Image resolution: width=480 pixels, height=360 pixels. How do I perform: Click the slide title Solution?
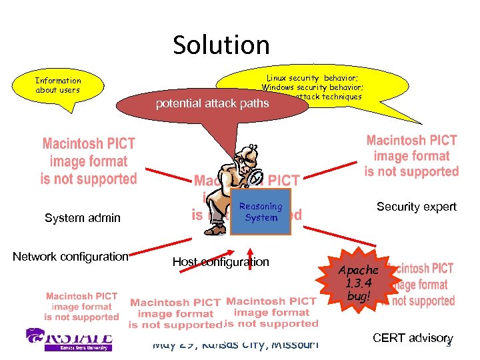pos(221,45)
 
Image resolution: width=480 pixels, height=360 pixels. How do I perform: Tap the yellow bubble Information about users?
pos(58,85)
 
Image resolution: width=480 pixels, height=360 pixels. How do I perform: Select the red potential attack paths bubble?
pos(212,103)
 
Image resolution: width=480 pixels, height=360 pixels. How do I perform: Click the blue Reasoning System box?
pos(261,212)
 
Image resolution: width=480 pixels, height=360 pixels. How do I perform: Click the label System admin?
pos(83,217)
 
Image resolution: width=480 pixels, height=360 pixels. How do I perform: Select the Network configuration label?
pos(71,257)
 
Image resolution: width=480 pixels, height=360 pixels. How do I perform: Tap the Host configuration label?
pos(221,262)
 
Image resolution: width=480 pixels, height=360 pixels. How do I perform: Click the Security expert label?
pos(417,207)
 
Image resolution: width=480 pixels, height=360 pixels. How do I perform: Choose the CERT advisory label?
pos(411,339)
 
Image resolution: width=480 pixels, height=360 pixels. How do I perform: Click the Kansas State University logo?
pos(68,339)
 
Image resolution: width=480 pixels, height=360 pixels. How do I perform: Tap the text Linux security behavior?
pos(313,78)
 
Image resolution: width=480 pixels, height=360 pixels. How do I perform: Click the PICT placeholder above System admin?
pos(89,161)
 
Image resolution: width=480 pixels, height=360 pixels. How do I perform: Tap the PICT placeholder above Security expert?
pos(411,155)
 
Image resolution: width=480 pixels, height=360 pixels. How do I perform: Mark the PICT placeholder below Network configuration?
pos(82,306)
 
